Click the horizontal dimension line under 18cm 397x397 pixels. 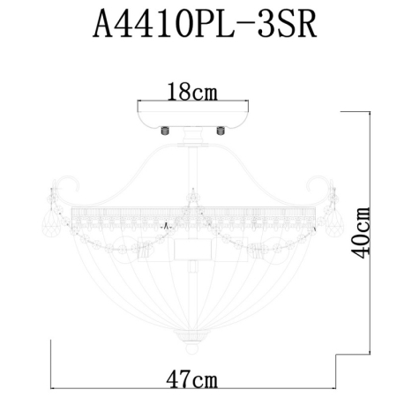pos(192,102)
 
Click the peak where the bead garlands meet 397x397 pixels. pos(191,192)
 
